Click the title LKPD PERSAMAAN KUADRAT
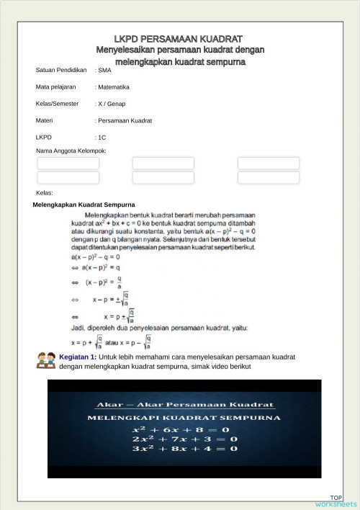coord(179,38)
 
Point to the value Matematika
coord(113,87)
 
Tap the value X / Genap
coord(114,104)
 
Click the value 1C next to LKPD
coord(102,137)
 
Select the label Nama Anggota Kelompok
coord(71,151)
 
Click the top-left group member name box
coord(68,164)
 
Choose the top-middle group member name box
coord(163,164)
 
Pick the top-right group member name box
coord(269,164)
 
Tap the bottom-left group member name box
coord(68,177)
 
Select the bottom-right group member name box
coord(269,177)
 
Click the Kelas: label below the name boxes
coord(45,193)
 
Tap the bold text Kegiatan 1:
coord(78,357)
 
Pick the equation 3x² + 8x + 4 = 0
coord(183,449)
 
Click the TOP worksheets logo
coord(336,501)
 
